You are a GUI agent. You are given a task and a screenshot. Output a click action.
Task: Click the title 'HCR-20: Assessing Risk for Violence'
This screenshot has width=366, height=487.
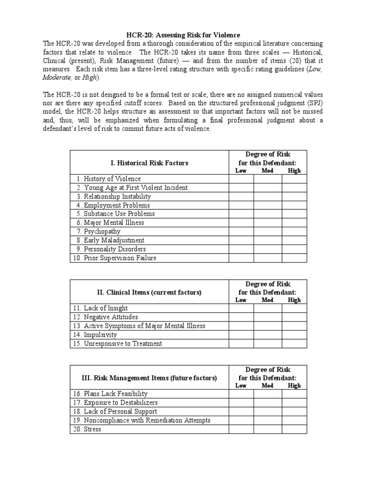[x=183, y=35]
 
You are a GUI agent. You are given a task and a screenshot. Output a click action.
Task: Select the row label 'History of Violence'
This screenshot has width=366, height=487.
[x=112, y=179]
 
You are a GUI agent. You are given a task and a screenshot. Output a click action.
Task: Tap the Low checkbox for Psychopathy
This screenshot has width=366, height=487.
[x=241, y=232]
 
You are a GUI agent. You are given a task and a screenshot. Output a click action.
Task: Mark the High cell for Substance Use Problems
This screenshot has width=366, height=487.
[x=294, y=214]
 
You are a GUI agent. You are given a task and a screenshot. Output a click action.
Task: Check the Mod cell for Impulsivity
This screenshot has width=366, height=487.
[x=267, y=335]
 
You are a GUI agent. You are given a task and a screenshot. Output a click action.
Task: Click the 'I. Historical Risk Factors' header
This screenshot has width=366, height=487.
[x=149, y=163]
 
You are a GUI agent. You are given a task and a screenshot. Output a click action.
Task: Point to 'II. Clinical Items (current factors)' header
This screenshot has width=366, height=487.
[x=149, y=292]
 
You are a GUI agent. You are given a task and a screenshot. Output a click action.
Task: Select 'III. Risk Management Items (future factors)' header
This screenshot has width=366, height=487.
[x=149, y=378]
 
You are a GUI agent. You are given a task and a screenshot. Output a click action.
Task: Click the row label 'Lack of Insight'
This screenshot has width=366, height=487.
[x=105, y=308]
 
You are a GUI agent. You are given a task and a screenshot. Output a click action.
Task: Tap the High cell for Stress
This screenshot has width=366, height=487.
[x=294, y=429]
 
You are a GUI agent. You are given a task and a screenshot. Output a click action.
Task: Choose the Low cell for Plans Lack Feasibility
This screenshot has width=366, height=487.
[x=241, y=394]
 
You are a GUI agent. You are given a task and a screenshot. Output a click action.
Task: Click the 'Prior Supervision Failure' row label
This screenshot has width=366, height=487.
[x=120, y=258]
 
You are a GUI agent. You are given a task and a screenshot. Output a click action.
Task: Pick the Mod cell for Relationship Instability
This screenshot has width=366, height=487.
[x=267, y=196]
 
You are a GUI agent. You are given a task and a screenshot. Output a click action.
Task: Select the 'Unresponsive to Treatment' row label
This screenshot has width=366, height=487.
[x=122, y=343]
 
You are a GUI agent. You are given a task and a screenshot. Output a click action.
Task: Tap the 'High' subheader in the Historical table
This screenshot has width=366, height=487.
[x=295, y=171]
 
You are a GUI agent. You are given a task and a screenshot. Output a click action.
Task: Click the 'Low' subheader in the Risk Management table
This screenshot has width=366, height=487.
[x=241, y=386]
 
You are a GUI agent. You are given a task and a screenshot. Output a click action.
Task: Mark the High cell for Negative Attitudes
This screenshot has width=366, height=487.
[x=294, y=317]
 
